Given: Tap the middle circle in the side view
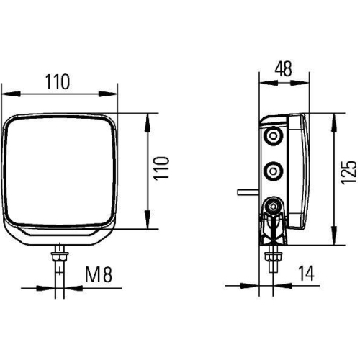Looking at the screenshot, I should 274,171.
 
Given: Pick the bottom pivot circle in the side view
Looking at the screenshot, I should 274,207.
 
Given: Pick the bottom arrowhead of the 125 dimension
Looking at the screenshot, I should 333,241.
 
